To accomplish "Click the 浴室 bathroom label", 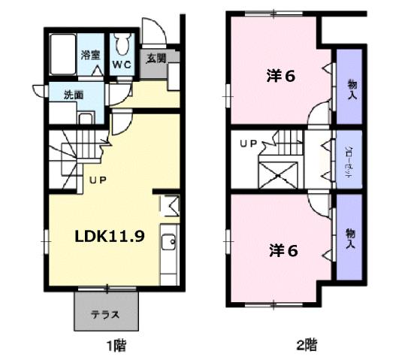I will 92,55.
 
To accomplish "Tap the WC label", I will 122,65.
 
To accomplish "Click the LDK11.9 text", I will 109,234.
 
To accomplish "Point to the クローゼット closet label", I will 351,159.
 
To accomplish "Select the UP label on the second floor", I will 248,142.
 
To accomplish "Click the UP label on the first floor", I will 98,180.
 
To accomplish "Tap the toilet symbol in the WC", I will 122,44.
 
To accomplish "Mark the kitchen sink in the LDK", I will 171,241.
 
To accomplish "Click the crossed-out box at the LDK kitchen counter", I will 169,204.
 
